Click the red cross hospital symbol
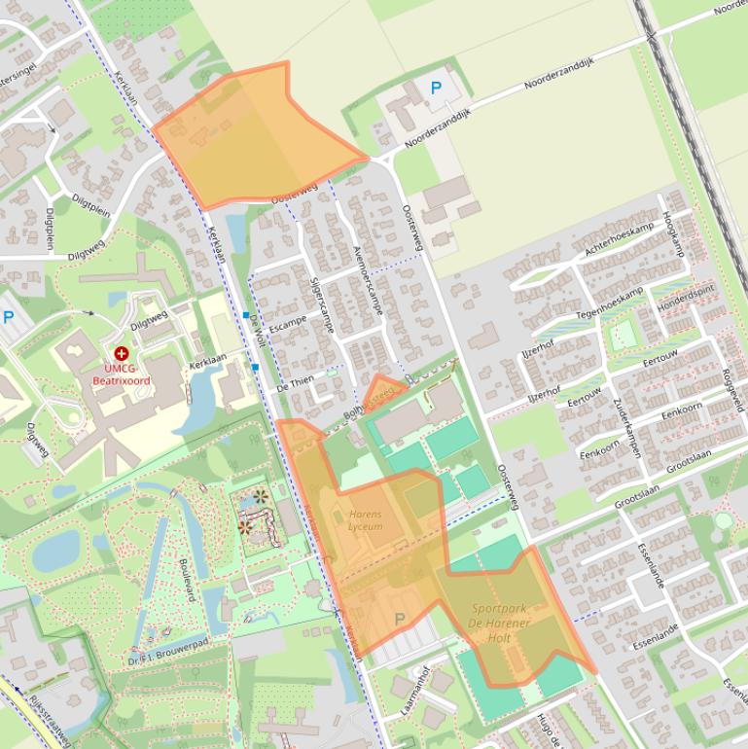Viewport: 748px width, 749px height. (x=122, y=355)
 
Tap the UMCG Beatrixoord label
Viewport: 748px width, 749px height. (x=122, y=374)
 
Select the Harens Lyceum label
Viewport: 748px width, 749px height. (x=365, y=520)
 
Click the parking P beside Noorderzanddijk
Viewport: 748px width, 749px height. (x=436, y=89)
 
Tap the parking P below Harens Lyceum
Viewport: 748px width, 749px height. (x=399, y=619)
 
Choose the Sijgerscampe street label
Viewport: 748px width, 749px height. (x=322, y=304)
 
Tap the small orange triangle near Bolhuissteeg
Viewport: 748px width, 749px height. (x=383, y=391)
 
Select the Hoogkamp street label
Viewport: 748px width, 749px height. (x=672, y=233)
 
